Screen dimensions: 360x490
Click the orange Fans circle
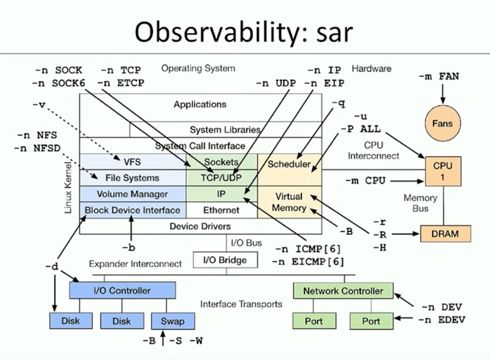pos(442,124)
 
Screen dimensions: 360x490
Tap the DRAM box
pos(445,234)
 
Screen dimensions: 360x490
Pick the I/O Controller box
pos(122,290)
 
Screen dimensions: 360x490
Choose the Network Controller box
pos(343,291)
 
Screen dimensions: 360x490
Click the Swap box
pos(172,321)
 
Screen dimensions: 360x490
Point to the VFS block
pos(132,162)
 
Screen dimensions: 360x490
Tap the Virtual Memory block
pos(289,202)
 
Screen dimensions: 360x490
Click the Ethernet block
pos(222,210)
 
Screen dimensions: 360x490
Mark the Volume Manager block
pos(132,194)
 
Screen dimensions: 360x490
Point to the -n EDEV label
pos(441,320)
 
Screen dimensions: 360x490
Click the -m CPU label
pos(365,180)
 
